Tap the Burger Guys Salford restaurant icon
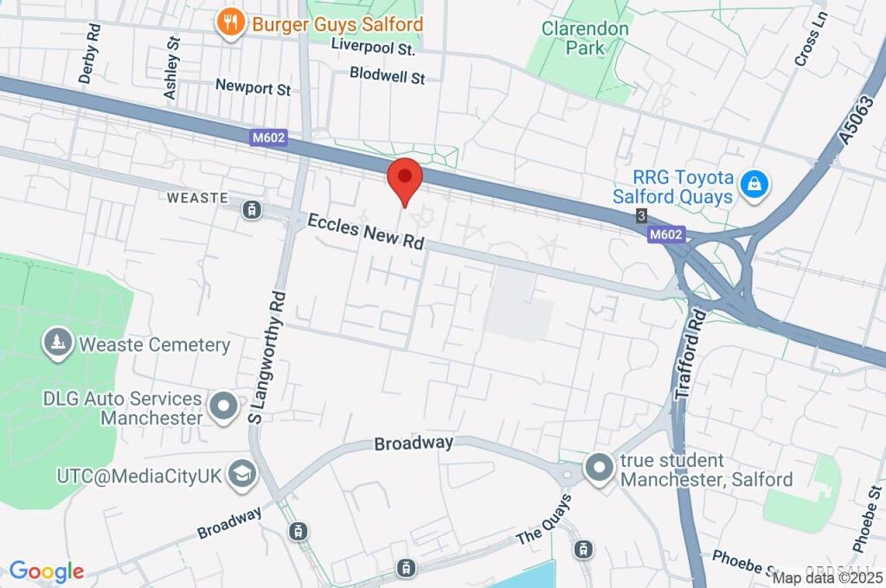coord(229,23)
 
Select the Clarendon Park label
coord(585,37)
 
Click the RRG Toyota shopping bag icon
coord(754,182)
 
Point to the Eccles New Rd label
coord(367,232)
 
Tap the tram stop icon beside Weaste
coord(252,209)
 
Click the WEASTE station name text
coord(197,198)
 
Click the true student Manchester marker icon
coord(599,470)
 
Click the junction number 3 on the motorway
coord(640,214)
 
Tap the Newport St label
coord(254,87)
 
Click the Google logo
coord(47,572)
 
